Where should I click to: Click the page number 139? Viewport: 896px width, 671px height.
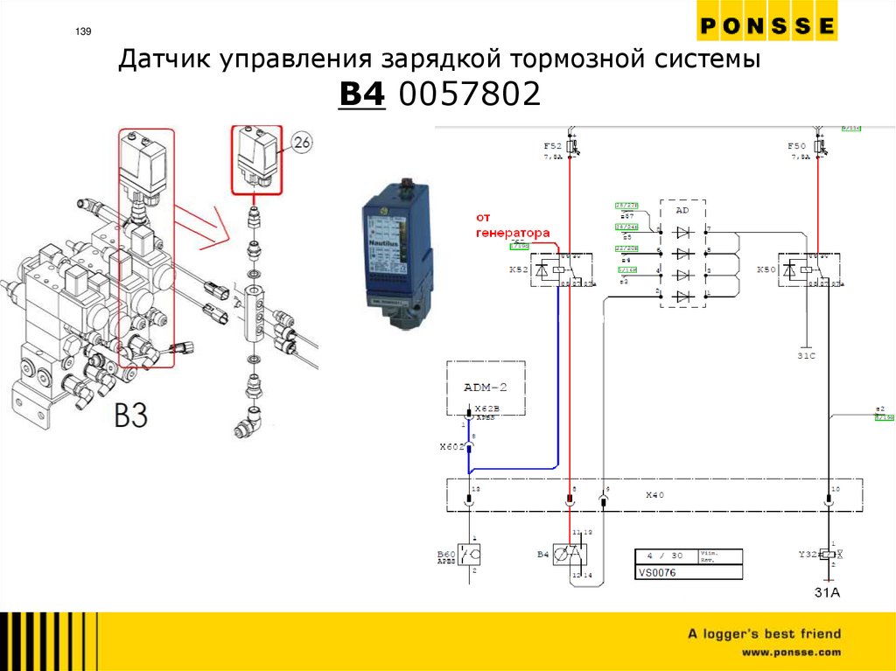coord(83,32)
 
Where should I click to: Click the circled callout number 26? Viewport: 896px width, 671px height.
coord(301,142)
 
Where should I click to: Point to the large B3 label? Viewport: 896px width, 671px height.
coord(131,416)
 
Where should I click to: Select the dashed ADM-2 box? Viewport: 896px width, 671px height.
coord(486,386)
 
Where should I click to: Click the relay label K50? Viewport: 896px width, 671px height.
coord(766,270)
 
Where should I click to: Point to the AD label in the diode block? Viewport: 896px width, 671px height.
coord(682,211)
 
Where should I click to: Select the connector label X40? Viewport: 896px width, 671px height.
coord(656,494)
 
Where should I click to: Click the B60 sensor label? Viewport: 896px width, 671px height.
coord(446,555)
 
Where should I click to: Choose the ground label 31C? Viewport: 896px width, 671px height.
coord(806,355)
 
